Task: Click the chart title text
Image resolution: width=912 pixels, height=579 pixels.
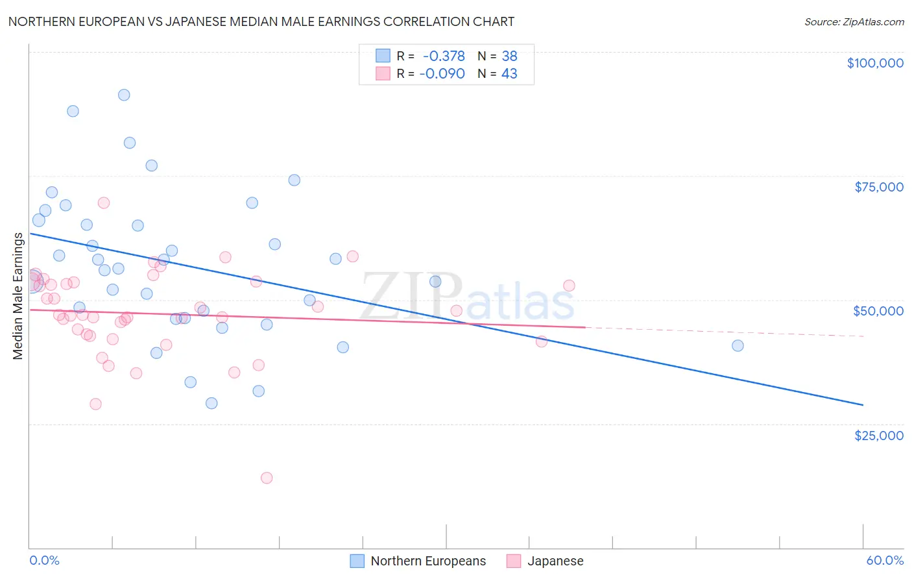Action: [261, 21]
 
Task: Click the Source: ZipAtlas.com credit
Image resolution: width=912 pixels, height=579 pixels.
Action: [854, 21]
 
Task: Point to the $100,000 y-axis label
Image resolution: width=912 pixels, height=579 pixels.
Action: [875, 63]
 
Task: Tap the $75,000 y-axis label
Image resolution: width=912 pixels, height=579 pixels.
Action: [879, 187]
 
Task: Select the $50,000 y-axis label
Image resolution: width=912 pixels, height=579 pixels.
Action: [878, 311]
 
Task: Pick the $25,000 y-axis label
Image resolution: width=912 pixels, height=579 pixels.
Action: [879, 436]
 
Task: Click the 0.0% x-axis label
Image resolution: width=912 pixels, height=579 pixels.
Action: [44, 560]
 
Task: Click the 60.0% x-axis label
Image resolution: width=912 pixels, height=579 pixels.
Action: [885, 560]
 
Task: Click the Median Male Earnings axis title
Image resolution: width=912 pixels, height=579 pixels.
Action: [18, 296]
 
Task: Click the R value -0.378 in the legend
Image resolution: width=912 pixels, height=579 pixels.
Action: [444, 56]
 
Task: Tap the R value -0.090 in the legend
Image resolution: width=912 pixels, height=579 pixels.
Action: [442, 73]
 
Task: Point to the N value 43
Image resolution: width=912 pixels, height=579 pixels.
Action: [509, 73]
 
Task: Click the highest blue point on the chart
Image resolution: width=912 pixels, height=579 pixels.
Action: [124, 95]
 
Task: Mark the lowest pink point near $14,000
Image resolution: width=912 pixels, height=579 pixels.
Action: [267, 478]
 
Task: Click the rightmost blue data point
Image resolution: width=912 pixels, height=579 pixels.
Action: [738, 345]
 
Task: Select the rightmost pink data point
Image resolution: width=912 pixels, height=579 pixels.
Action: [569, 286]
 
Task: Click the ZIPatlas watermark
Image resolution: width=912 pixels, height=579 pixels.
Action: [467, 297]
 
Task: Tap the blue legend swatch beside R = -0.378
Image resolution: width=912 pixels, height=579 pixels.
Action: [383, 56]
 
